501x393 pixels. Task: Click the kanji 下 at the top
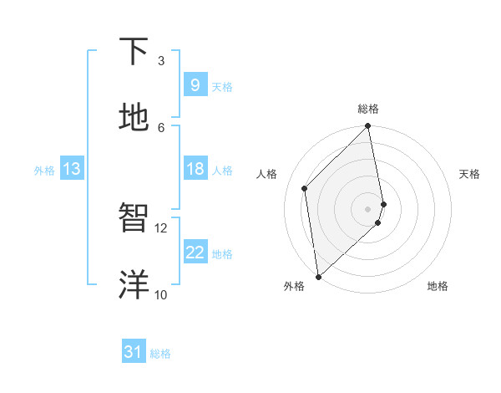coord(134,52)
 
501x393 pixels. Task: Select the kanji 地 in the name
coord(134,118)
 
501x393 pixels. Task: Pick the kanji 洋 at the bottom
coord(134,284)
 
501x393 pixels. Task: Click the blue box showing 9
coord(195,85)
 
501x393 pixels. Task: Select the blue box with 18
coord(195,169)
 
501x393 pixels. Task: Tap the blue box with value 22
coord(195,253)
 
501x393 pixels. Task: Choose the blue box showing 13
coord(71,169)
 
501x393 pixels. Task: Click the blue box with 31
coord(133,352)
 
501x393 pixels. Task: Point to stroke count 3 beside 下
coord(161,61)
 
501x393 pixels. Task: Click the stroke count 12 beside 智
coord(161,227)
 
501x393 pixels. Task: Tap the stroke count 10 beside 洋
coord(161,294)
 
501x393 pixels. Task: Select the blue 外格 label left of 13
coord(44,170)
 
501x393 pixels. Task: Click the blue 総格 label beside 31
coord(160,354)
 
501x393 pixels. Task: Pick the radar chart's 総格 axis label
coord(368,109)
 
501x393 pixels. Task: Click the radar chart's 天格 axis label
coord(469,174)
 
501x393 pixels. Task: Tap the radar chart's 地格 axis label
coord(438,286)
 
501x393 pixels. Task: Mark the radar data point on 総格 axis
coord(368,127)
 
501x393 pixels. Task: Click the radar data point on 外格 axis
coord(317,276)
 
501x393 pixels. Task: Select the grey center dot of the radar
coord(368,207)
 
